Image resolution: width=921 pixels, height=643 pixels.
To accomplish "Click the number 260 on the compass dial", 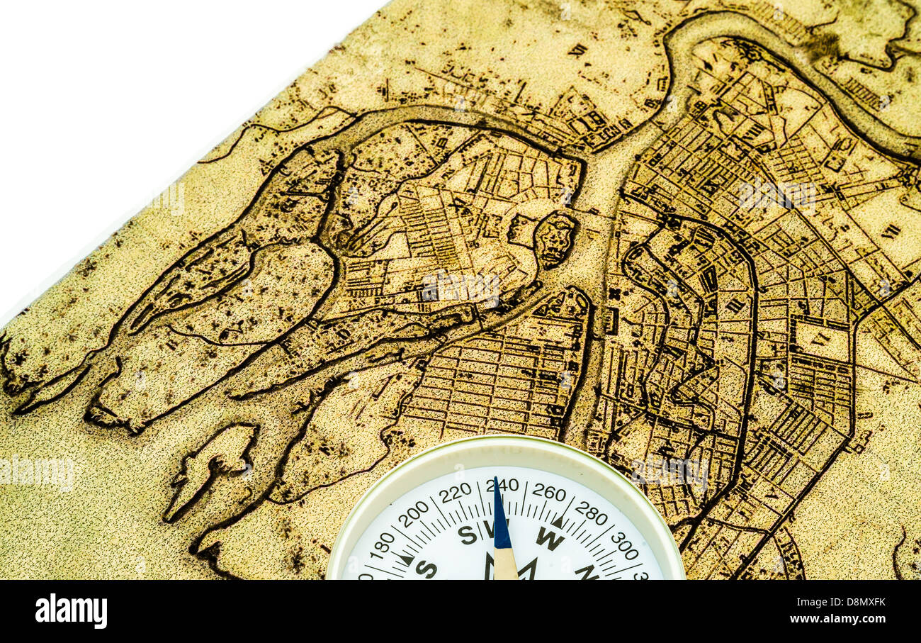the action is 548,492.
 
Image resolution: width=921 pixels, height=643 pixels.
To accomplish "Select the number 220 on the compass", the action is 455,492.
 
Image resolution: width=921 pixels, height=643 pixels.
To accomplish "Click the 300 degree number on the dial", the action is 623,544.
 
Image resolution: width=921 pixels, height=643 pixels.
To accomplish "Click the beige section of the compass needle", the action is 504,564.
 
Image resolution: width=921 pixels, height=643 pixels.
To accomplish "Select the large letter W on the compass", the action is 549,538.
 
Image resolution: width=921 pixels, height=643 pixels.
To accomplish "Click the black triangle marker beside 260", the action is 558,522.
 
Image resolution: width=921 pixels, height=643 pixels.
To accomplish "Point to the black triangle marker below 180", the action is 406,559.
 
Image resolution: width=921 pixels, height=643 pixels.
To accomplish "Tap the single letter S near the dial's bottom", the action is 426,569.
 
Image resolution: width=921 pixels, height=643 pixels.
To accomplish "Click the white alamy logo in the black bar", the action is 72,611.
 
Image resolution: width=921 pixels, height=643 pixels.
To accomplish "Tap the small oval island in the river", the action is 554,240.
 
